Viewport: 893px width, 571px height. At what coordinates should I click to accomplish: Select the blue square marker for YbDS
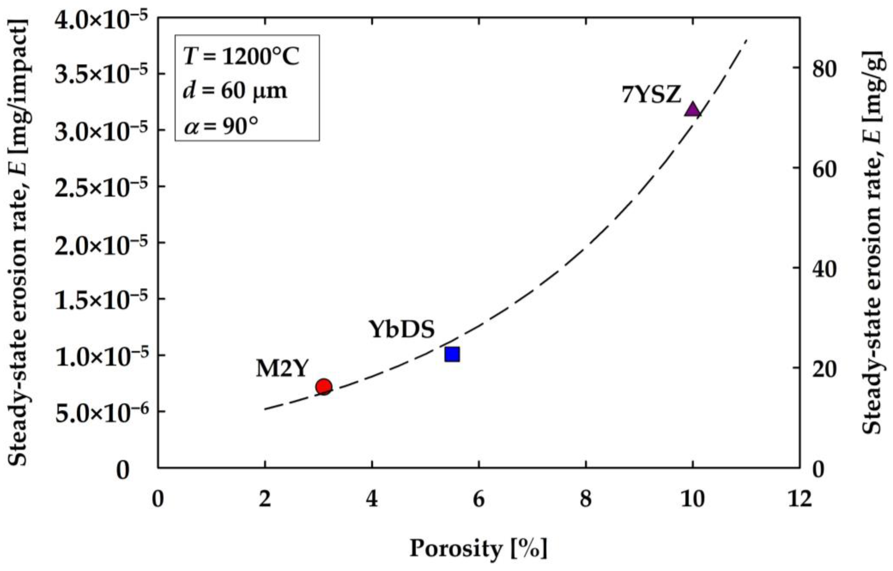coord(452,354)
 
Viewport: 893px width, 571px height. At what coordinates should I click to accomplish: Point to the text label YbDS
coord(401,329)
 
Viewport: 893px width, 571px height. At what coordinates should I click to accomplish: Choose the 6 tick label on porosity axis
coord(479,499)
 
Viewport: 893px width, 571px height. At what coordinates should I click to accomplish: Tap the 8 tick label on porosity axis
coord(586,499)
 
